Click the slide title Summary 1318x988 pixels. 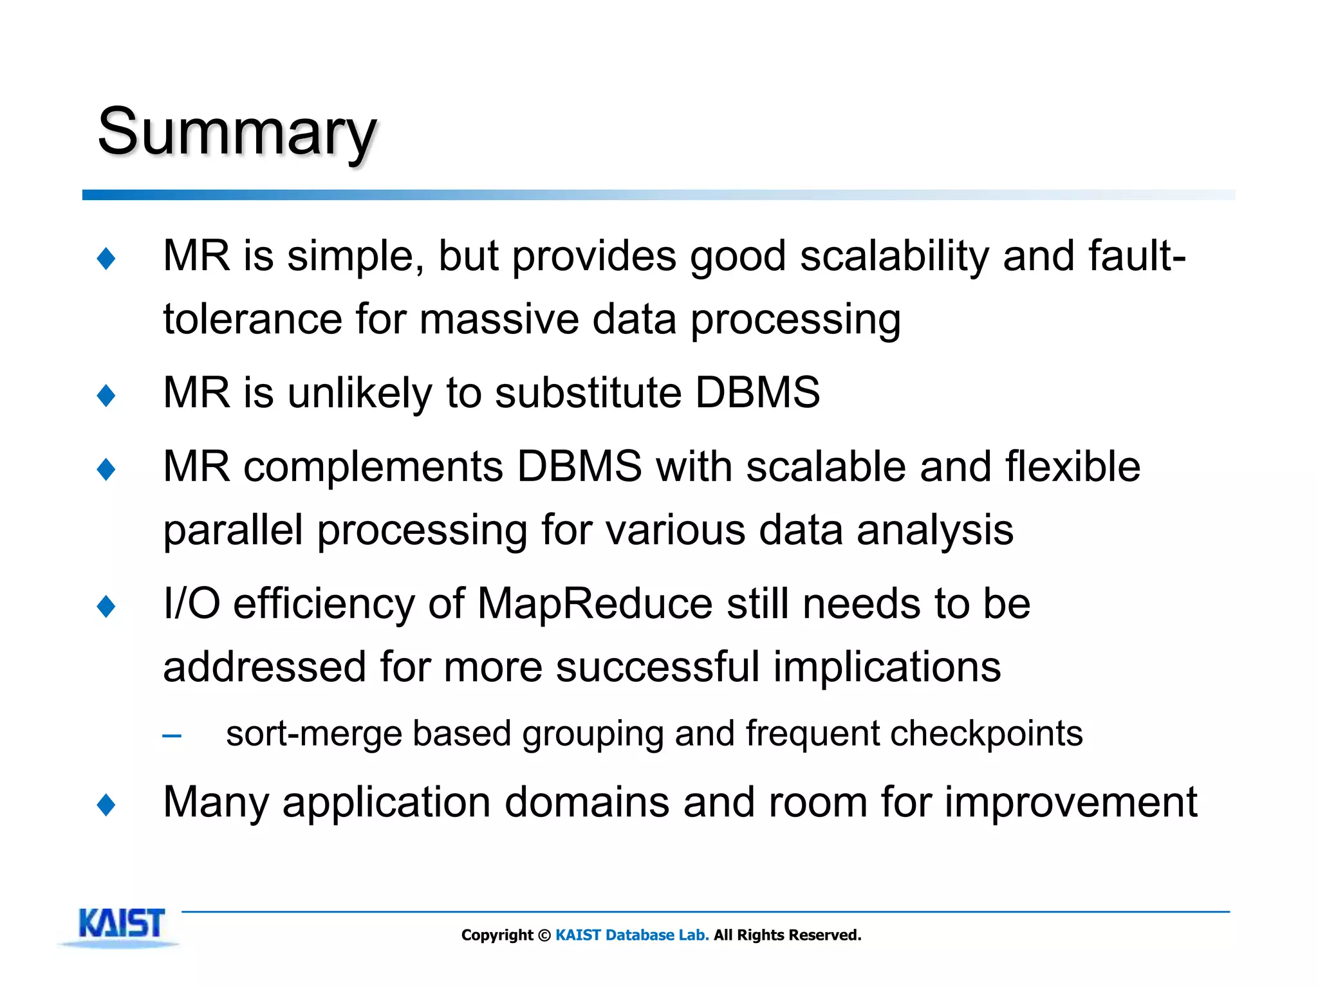pyautogui.click(x=236, y=132)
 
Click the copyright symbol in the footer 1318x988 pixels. pyautogui.click(x=544, y=935)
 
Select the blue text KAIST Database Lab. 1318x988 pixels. pyautogui.click(x=631, y=935)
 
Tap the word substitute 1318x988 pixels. pyautogui.click(x=588, y=392)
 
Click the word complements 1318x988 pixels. pyautogui.click(x=373, y=466)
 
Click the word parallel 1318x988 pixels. pyautogui.click(x=233, y=530)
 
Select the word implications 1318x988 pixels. pyautogui.click(x=887, y=666)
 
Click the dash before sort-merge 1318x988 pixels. pyautogui.click(x=172, y=735)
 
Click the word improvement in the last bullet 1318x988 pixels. pyautogui.click(x=1071, y=803)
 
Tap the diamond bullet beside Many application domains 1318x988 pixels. pyautogui.click(x=106, y=805)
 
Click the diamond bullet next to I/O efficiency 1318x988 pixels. pyautogui.click(x=106, y=606)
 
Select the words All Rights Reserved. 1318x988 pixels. pyautogui.click(x=787, y=935)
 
